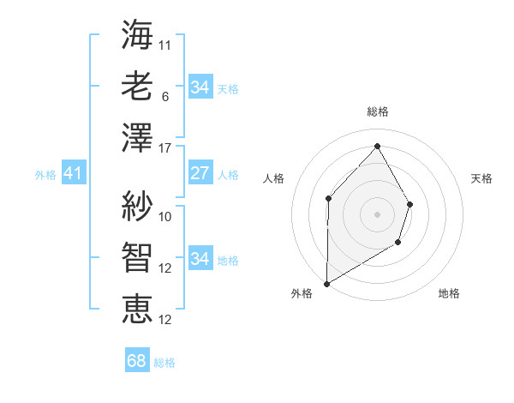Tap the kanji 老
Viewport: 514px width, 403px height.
click(137, 87)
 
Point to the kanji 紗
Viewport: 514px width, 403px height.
click(137, 206)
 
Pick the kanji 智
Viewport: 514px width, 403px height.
click(137, 258)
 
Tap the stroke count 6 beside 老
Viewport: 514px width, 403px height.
click(165, 97)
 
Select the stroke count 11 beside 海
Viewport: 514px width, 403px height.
click(165, 45)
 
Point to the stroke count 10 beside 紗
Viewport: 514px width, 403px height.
click(165, 216)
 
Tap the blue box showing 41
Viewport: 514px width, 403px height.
click(73, 174)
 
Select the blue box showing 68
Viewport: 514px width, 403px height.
click(136, 361)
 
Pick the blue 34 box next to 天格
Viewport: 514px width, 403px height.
click(200, 87)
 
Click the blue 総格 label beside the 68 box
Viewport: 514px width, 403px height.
click(164, 363)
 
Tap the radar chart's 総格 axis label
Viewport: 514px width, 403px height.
click(378, 111)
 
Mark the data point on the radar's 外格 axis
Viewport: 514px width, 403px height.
click(326, 283)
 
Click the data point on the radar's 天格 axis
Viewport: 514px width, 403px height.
click(410, 204)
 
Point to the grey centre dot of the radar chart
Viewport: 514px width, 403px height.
click(377, 214)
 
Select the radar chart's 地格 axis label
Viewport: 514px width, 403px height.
click(449, 293)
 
